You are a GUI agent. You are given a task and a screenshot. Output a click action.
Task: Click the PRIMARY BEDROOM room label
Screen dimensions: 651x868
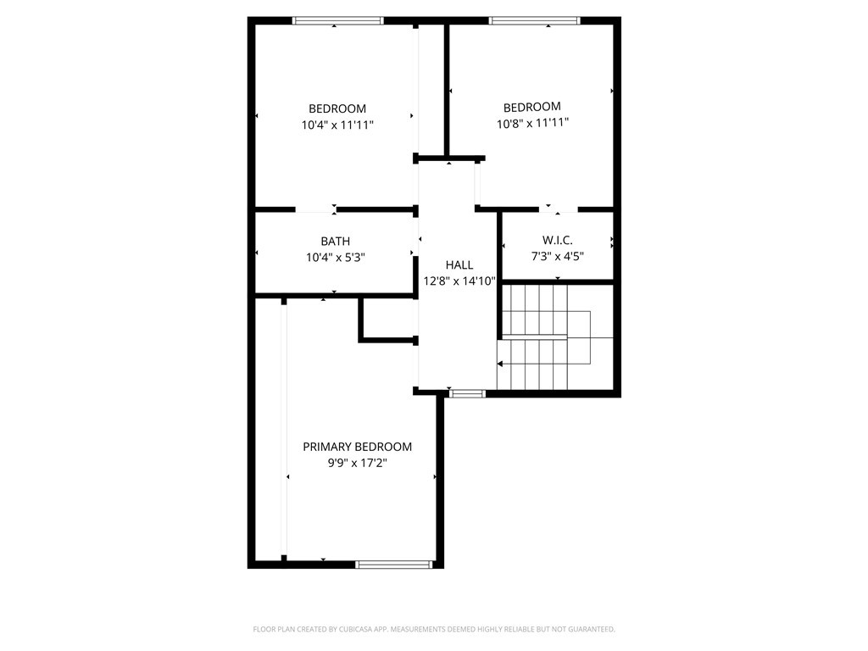click(358, 447)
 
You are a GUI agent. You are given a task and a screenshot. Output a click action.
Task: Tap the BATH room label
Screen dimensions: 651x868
click(335, 242)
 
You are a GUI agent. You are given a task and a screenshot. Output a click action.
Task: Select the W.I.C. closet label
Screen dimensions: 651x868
click(557, 241)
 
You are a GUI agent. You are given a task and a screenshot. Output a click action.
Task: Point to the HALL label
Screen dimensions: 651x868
click(459, 265)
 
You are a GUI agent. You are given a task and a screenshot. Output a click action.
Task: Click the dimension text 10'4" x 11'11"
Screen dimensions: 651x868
click(337, 125)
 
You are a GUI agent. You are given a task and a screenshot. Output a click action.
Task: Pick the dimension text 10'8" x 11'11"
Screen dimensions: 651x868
click(532, 123)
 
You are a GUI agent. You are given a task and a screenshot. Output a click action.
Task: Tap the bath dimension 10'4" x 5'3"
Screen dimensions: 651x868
click(335, 257)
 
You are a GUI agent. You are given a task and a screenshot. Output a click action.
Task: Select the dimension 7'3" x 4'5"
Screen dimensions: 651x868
click(557, 256)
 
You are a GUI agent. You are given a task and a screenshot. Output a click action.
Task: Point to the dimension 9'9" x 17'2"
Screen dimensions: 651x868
click(358, 463)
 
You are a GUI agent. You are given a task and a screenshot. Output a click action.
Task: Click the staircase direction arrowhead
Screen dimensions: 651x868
click(500, 364)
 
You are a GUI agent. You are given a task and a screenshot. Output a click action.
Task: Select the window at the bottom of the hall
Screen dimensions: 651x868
click(467, 393)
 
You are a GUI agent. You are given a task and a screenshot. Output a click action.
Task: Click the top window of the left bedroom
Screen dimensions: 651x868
click(337, 20)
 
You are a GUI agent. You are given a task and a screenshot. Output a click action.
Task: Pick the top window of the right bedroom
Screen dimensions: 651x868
click(535, 20)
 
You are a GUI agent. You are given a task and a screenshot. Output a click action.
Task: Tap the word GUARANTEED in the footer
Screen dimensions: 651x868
click(591, 629)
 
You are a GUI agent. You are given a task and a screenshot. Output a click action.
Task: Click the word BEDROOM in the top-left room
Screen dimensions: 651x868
click(337, 108)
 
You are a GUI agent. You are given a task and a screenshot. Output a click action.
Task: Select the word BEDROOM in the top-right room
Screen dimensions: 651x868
click(532, 107)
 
